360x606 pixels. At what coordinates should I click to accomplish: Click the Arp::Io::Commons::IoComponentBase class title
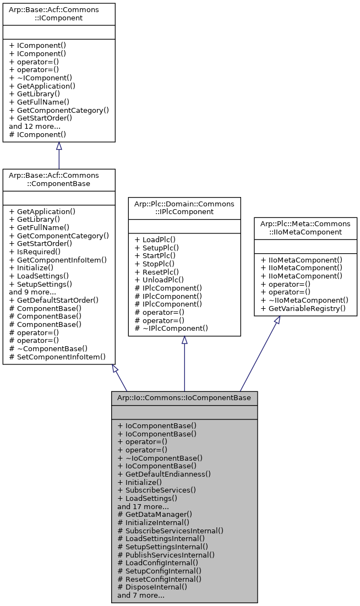coord(184,397)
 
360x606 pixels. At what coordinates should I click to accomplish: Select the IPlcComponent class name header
coord(184,208)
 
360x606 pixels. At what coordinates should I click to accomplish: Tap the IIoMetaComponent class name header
coord(305,227)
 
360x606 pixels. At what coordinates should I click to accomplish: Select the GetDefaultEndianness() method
coord(164,473)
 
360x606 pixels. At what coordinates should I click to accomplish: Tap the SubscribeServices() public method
coord(156,489)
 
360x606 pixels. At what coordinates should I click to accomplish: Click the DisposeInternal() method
coord(152,587)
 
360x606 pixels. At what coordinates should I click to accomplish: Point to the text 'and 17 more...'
coord(143,506)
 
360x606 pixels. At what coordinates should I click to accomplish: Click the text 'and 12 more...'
coord(35,126)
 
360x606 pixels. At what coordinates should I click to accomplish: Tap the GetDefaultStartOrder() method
coord(54,300)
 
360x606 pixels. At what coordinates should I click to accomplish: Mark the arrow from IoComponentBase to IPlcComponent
coord(184,363)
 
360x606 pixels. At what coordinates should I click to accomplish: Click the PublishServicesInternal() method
coord(166,555)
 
